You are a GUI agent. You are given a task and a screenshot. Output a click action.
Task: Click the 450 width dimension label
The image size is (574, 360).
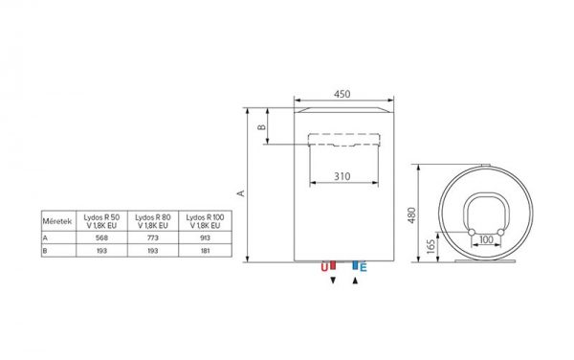pyautogui.click(x=342, y=94)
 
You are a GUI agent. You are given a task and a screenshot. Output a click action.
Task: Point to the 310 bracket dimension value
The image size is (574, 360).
pyautogui.click(x=342, y=176)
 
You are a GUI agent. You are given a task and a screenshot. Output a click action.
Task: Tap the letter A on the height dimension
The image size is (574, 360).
pyautogui.click(x=241, y=193)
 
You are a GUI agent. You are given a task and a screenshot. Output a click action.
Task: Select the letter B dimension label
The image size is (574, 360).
pyautogui.click(x=261, y=127)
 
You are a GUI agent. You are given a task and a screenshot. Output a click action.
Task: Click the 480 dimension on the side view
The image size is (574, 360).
pyautogui.click(x=411, y=215)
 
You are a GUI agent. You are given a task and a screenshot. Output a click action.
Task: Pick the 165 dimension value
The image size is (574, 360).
pyautogui.click(x=430, y=247)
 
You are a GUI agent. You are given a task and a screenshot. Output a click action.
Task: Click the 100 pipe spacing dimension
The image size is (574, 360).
pyautogui.click(x=486, y=240)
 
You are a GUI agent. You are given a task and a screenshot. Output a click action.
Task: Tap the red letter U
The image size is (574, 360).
pyautogui.click(x=324, y=268)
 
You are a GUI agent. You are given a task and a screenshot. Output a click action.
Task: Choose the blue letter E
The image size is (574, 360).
pyautogui.click(x=363, y=268)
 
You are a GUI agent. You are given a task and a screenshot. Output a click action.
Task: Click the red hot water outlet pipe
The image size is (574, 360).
pyautogui.click(x=333, y=265)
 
